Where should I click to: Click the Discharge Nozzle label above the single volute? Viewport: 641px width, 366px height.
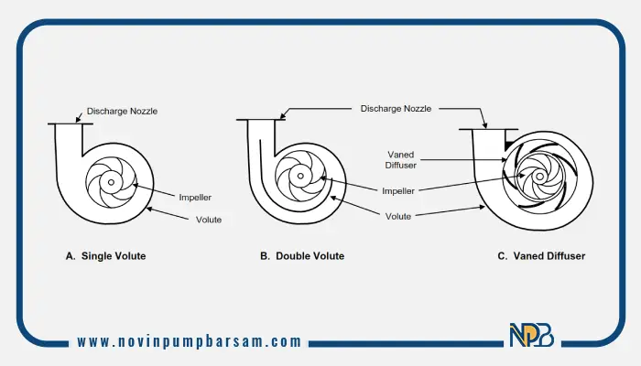(x=122, y=111)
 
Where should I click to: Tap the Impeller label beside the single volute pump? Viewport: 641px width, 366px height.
(x=195, y=198)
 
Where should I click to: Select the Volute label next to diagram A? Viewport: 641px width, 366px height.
(x=209, y=220)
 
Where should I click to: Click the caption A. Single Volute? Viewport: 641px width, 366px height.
(x=106, y=256)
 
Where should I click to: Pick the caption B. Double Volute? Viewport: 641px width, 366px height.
(x=302, y=256)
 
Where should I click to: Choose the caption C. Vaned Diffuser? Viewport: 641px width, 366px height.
(x=541, y=256)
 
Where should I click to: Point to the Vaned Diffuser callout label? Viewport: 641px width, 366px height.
(x=401, y=160)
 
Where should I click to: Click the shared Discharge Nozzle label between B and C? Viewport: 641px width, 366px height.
(x=396, y=109)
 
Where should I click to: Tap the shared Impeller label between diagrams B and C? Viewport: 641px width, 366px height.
(x=398, y=190)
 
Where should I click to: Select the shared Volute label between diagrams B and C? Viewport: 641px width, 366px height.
(x=398, y=217)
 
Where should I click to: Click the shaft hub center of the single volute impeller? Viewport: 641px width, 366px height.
(x=111, y=182)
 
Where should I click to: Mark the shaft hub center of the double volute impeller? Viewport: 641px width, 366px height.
(x=300, y=176)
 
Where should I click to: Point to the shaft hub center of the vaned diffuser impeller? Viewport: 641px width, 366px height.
(x=539, y=177)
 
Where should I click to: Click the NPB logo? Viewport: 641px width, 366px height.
(x=532, y=335)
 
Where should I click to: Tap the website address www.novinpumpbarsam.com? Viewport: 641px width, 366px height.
(x=190, y=341)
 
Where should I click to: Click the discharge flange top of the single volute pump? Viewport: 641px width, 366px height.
(x=71, y=124)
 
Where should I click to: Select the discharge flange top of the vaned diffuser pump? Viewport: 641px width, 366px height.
(x=488, y=130)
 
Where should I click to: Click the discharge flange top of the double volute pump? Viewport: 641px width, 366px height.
(x=261, y=120)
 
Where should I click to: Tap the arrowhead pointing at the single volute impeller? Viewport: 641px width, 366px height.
(x=136, y=186)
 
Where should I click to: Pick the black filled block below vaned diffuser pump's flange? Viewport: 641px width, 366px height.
(x=511, y=145)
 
